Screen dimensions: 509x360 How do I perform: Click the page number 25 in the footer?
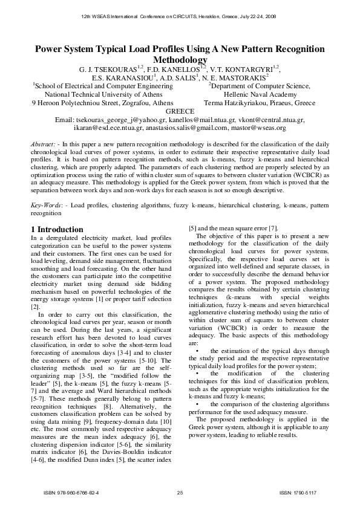pos(180,494)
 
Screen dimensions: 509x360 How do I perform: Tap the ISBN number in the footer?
pos(71,494)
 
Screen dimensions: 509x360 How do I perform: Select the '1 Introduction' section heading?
pos(57,230)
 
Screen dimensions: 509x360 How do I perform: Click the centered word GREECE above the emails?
pos(180,111)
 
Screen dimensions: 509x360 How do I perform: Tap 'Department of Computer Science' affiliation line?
pos(261,86)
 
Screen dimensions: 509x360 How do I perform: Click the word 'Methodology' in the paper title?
pos(180,60)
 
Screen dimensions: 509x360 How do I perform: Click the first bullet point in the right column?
pos(197,351)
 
